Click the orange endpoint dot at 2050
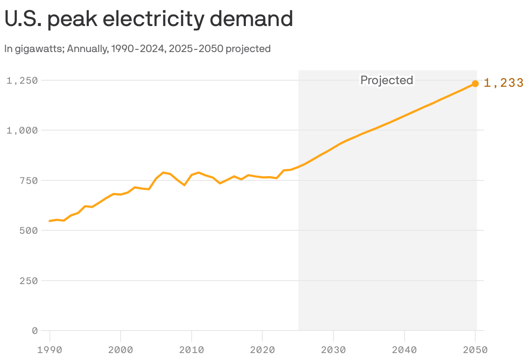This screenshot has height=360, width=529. tap(475, 84)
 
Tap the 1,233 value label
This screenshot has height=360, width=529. tap(503, 83)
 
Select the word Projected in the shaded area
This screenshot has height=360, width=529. tap(387, 80)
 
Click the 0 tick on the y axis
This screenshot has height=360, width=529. tap(35, 331)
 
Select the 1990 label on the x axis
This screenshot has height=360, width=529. tap(50, 350)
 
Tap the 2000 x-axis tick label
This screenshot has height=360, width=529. tap(121, 350)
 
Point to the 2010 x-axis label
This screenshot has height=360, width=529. tap(192, 350)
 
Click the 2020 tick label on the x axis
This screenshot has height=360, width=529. tap(262, 350)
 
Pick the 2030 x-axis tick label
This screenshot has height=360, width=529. tap(333, 350)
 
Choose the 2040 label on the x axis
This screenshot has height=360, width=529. tap(404, 350)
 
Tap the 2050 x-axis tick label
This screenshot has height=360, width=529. tap(475, 350)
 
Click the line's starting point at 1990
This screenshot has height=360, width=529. tap(50, 221)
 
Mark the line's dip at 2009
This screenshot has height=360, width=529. tap(184, 185)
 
